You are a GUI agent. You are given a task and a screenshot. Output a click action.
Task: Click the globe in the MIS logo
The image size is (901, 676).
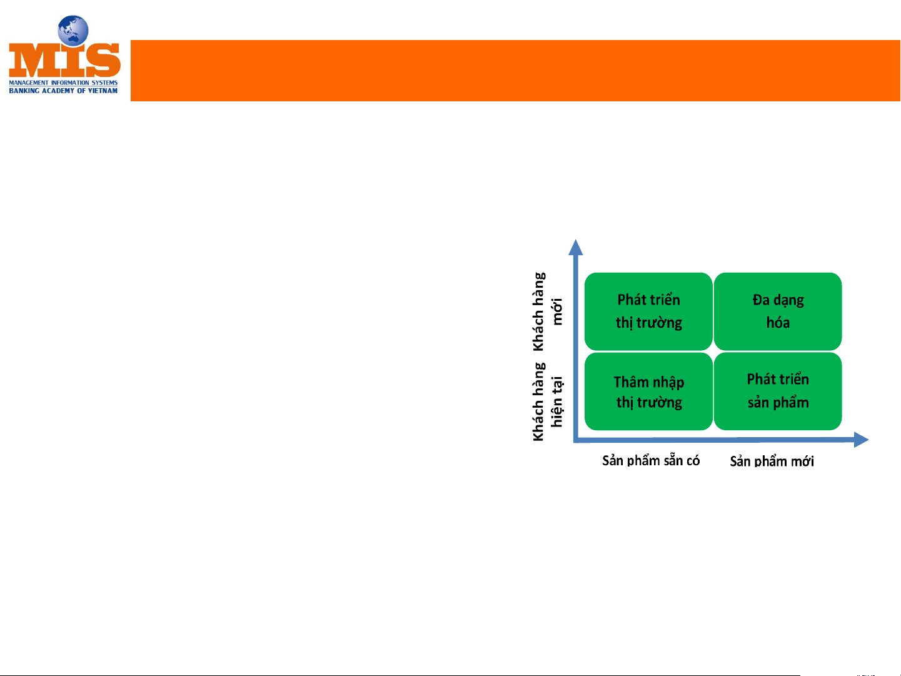[73, 30]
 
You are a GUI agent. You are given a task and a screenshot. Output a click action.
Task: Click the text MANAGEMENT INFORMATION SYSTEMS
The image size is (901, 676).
[63, 83]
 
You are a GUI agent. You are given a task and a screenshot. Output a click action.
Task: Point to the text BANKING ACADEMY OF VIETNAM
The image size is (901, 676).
[63, 91]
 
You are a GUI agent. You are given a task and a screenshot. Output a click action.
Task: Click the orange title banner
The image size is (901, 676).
[515, 71]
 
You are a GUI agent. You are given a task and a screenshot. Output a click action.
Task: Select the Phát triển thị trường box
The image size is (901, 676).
[648, 311]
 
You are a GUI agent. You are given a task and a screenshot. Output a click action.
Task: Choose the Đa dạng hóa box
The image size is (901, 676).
[777, 311]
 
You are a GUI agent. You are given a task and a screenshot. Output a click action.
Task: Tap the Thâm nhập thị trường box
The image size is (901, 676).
[648, 391]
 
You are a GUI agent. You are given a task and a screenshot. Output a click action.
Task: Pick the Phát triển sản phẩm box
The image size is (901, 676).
[777, 391]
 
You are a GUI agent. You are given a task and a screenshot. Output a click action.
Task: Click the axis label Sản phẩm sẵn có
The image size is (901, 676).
[651, 460]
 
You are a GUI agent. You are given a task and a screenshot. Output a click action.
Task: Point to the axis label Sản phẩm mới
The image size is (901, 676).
[772, 461]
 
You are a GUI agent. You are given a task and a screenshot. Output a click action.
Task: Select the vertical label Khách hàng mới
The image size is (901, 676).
[548, 311]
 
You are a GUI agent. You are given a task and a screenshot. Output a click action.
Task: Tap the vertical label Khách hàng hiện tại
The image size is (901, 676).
[548, 401]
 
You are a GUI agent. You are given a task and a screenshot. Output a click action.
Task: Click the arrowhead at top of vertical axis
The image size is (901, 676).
[575, 247]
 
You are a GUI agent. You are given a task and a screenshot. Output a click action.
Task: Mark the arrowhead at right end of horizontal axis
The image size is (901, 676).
[861, 440]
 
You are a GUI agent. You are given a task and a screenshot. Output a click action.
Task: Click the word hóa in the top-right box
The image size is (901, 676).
[778, 323]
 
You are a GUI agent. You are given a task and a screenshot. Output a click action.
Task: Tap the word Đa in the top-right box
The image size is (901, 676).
[761, 300]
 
